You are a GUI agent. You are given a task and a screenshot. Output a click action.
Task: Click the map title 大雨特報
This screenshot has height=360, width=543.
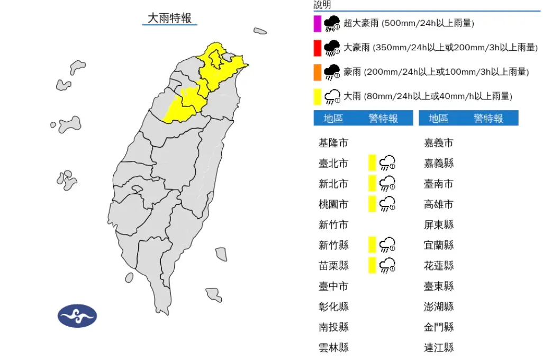[x=169, y=18]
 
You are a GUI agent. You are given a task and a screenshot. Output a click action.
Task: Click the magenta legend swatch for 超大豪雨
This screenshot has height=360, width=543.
[x=318, y=23]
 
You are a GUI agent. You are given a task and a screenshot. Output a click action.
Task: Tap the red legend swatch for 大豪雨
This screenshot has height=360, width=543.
[x=318, y=48]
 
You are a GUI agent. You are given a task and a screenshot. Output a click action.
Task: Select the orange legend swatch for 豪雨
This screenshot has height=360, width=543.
[x=318, y=72]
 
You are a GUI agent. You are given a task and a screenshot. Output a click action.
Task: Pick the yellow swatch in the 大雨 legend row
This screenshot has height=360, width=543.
[x=318, y=96]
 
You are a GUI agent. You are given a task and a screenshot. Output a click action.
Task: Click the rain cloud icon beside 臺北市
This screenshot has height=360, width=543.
[x=388, y=163]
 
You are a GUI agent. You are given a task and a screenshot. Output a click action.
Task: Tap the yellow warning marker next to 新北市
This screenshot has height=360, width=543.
[x=372, y=183]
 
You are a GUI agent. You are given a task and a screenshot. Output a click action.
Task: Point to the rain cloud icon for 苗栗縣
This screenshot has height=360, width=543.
[x=388, y=265]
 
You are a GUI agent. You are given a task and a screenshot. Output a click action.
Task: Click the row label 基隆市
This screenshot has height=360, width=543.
[x=333, y=143]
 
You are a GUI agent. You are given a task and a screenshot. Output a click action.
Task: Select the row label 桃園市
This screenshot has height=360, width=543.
[x=333, y=204]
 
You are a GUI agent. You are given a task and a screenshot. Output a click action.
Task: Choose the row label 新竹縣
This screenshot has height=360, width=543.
[x=333, y=245]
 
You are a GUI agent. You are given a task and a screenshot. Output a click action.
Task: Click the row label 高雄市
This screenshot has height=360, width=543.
[x=439, y=204]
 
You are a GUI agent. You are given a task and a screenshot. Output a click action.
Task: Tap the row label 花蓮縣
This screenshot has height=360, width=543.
[x=439, y=266]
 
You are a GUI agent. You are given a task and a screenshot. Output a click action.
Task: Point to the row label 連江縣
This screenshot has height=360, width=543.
[x=439, y=348]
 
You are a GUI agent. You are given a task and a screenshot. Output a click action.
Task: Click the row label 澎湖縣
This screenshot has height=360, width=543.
[x=439, y=307]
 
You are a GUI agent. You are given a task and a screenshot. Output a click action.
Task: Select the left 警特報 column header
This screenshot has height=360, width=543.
[x=383, y=119]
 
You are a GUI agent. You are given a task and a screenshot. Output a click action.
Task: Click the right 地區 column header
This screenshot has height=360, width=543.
[x=438, y=119]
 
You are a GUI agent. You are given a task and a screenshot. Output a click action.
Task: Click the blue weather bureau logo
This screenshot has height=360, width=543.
[x=77, y=316]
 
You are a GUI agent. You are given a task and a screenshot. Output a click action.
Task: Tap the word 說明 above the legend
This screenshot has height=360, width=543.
[x=322, y=5]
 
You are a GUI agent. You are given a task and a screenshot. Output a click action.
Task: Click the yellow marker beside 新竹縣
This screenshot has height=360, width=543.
[x=372, y=245]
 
